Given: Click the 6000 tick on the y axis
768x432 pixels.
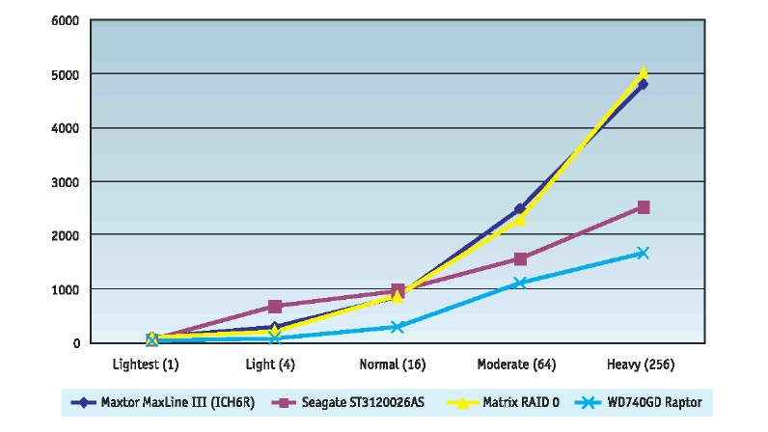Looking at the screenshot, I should (x=66, y=20).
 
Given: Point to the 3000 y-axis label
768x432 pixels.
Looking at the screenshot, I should (x=66, y=181).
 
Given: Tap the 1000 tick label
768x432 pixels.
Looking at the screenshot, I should (x=66, y=289).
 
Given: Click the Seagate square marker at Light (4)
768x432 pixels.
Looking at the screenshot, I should (x=275, y=307).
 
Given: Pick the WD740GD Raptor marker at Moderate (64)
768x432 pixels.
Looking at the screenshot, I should (x=520, y=283).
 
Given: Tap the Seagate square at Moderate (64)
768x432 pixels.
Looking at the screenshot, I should (x=520, y=258).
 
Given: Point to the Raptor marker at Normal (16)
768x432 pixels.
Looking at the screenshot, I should (x=398, y=327).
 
